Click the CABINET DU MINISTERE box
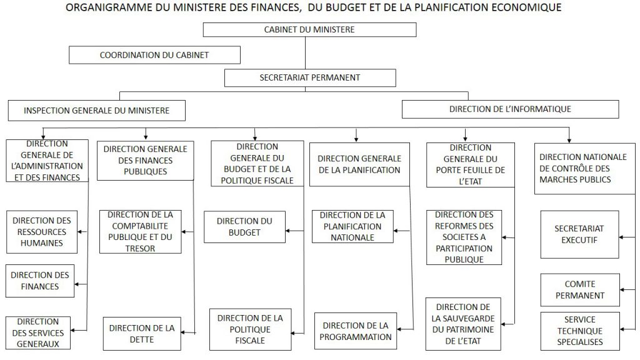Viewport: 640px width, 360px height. coord(309,30)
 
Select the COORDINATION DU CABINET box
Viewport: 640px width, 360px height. coord(154,55)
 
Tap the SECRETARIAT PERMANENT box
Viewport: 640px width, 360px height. coord(310,77)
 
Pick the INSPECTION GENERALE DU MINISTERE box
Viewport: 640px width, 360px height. coord(96,111)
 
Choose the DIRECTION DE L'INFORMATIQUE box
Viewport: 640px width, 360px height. coord(510,109)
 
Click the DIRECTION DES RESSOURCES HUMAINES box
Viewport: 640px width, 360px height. coord(42,232)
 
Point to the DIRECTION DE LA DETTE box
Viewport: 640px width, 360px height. coord(142,334)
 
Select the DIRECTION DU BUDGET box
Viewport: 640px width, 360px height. coord(244,227)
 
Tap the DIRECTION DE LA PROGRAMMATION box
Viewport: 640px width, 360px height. coord(356,331)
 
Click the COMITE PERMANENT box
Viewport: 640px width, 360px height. coord(580,290)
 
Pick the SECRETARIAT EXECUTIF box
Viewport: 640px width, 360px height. coord(579,234)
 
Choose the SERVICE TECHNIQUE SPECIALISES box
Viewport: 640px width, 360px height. coord(580,331)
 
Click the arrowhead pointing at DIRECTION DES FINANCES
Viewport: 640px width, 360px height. coord(77,284)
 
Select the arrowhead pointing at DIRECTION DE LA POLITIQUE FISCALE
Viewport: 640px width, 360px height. coord(294,333)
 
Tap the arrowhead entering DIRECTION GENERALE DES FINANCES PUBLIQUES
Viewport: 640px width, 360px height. coord(146,137)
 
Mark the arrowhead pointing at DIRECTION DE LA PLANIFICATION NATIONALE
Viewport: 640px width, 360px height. coord(396,231)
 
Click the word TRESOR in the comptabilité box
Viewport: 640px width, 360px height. coord(140,248)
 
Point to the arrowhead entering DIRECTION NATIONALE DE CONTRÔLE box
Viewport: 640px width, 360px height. coord(569,141)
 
